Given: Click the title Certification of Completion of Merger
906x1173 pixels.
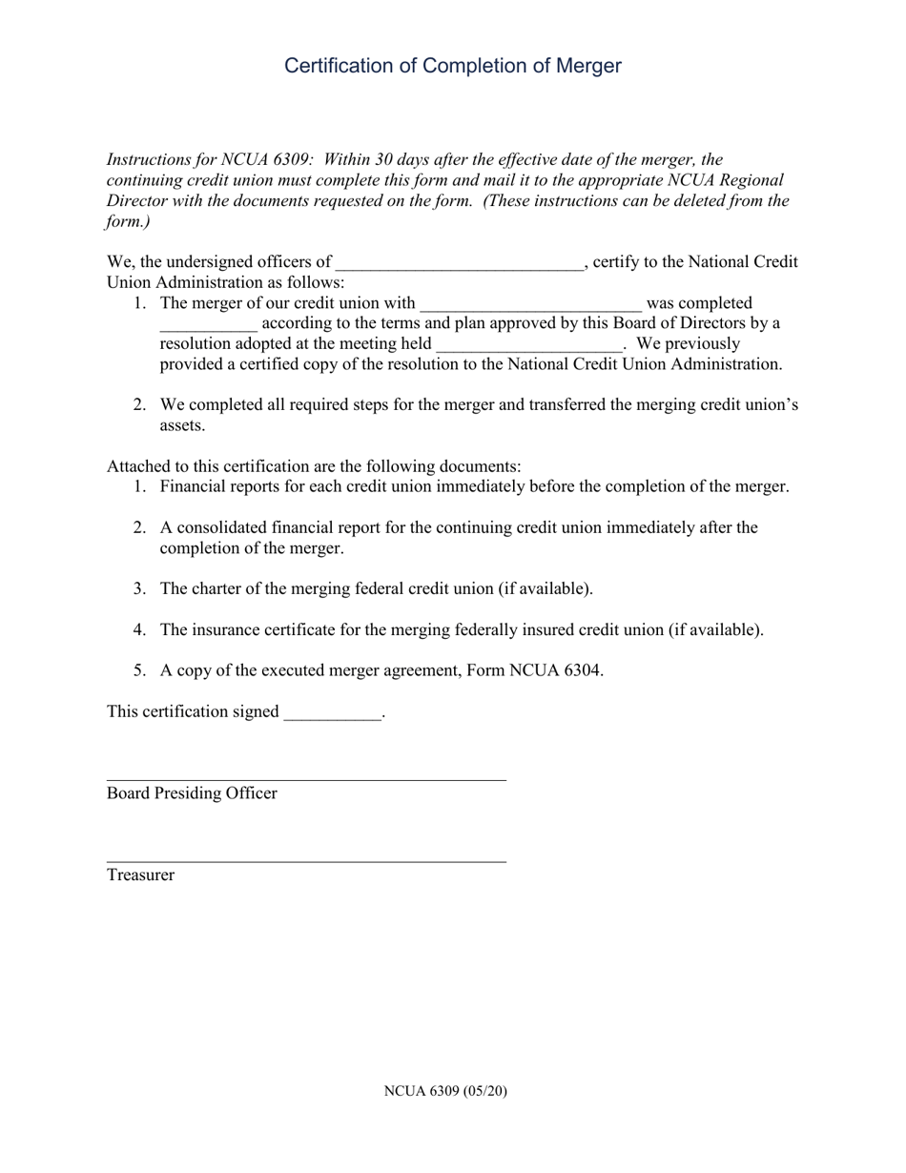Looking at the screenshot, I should [453, 66].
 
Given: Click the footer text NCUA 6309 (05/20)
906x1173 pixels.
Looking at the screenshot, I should [445, 1091].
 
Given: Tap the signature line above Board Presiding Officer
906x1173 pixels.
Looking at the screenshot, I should [306, 779].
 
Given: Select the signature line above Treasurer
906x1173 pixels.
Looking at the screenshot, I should [306, 861].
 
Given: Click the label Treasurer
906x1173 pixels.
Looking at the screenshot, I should [140, 875].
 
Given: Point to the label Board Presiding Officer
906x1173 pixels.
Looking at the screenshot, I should [192, 793].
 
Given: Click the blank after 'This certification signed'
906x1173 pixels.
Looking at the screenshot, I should [332, 713].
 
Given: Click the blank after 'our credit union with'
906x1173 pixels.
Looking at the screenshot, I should [530, 305].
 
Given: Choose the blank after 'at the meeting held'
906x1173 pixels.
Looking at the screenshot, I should [527, 345].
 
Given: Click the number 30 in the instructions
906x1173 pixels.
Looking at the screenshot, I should [386, 159].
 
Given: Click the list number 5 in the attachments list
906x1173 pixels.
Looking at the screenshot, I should [139, 670].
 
